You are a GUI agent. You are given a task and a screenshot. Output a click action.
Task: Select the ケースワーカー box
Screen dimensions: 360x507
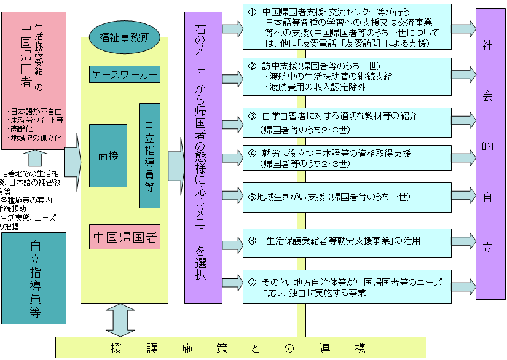click(124, 75)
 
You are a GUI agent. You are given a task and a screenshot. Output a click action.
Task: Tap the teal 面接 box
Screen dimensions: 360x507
click(108, 155)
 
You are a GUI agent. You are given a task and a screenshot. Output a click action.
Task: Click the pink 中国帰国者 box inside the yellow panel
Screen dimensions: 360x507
click(124, 237)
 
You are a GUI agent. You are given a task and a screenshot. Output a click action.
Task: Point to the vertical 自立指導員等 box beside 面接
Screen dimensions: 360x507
click(149, 155)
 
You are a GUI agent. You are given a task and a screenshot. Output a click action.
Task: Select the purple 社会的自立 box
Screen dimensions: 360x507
click(487, 154)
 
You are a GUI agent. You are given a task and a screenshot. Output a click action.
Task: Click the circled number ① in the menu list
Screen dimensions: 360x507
click(251, 12)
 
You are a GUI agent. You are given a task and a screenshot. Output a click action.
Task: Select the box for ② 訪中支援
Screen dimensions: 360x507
click(346, 77)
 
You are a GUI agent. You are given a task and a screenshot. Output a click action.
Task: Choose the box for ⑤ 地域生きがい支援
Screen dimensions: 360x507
click(346, 197)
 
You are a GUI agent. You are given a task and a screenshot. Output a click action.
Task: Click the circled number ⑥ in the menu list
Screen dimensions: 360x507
click(251, 241)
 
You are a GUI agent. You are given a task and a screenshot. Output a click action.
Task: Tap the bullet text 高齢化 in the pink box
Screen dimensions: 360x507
click(25, 129)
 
